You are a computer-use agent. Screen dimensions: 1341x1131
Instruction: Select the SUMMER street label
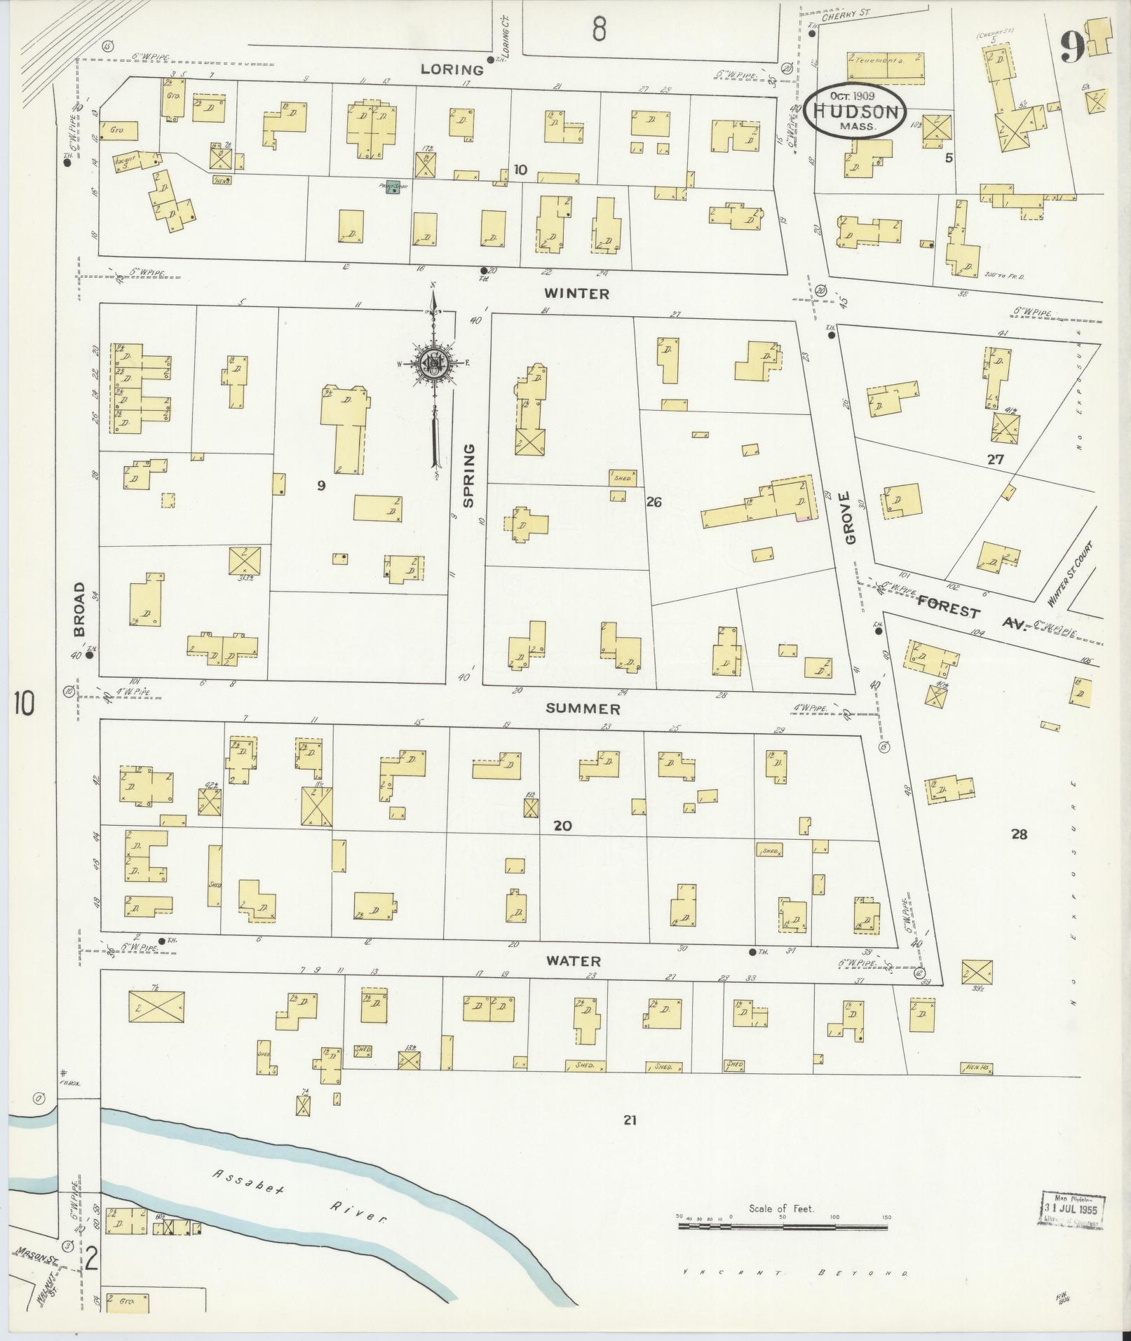[x=583, y=709]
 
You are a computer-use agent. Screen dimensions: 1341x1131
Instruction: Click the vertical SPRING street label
[x=469, y=474]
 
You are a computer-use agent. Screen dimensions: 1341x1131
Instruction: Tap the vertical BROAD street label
[x=79, y=608]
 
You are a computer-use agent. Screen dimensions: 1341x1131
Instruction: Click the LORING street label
[x=452, y=69]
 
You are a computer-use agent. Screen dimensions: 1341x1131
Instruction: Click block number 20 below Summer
[x=562, y=826]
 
